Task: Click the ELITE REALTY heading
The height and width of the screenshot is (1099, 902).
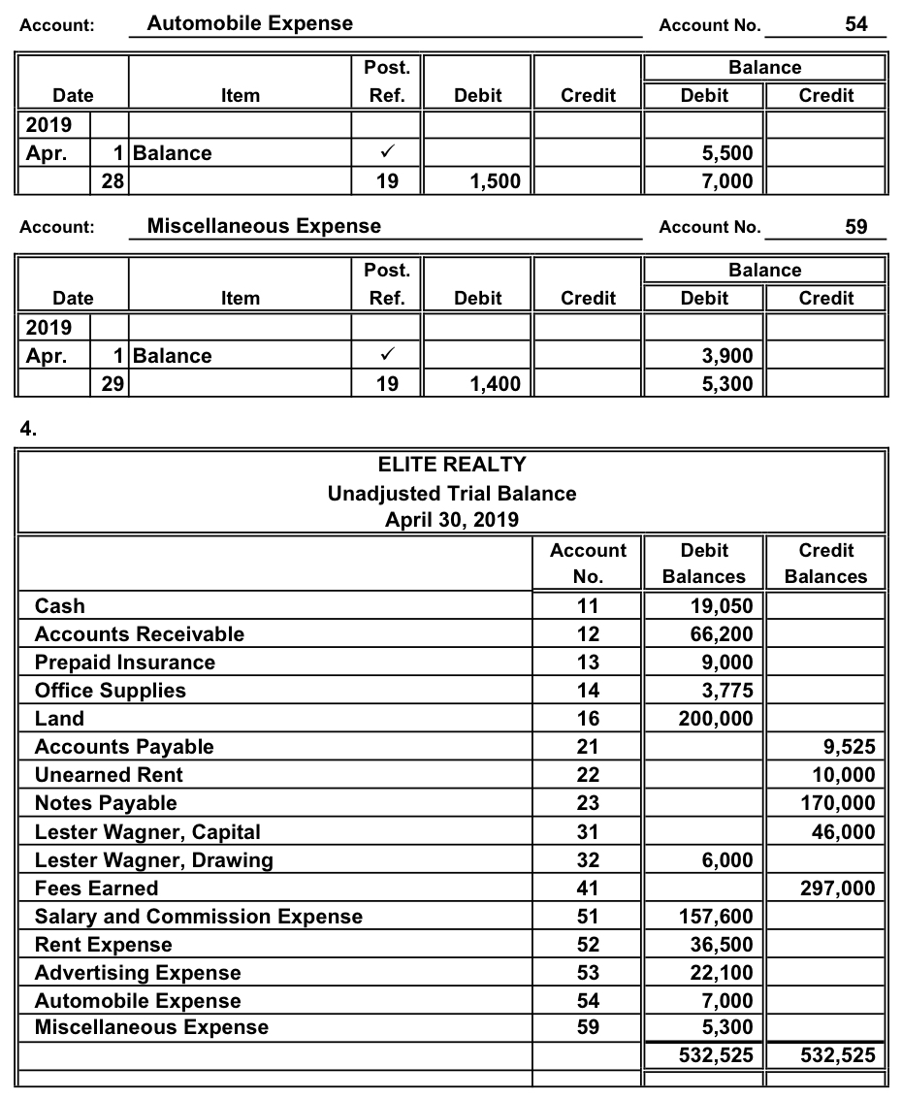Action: (x=452, y=466)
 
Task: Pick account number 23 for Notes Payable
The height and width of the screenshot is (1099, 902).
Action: (x=588, y=803)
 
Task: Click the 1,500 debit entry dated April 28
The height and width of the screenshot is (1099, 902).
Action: (x=495, y=180)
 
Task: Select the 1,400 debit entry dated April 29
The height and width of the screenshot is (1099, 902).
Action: (x=495, y=384)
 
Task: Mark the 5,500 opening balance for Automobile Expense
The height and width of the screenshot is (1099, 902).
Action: (x=727, y=153)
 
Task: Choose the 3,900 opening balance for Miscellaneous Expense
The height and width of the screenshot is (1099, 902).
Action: (x=727, y=356)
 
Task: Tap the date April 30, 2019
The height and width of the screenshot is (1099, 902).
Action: (x=452, y=520)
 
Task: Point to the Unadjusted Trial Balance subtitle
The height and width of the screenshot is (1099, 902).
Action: (x=452, y=493)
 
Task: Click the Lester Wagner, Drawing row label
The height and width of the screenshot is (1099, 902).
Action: (x=153, y=860)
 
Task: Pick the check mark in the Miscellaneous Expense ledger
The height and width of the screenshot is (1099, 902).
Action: (x=386, y=356)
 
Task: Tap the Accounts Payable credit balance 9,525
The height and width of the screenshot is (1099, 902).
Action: (x=847, y=747)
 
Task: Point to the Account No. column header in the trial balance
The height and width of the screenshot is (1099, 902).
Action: (x=588, y=563)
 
